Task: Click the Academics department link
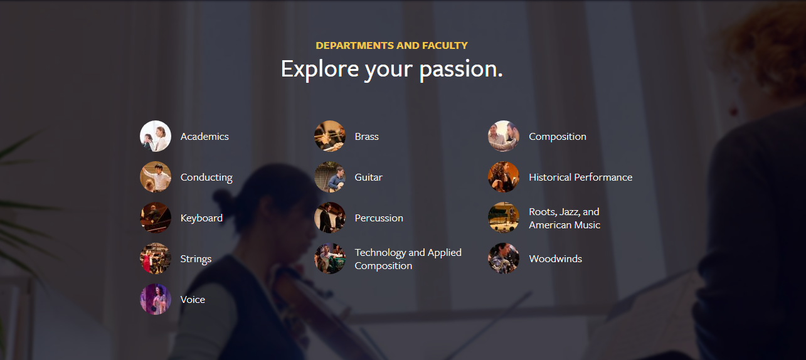click(x=204, y=137)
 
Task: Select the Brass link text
click(x=367, y=137)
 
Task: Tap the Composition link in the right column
click(x=558, y=137)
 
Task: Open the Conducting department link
click(x=206, y=177)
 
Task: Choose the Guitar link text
click(x=368, y=177)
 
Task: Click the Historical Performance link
click(x=580, y=177)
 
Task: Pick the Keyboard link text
click(x=201, y=218)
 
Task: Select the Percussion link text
click(x=379, y=218)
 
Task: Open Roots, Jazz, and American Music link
click(x=565, y=218)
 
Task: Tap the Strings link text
click(x=196, y=259)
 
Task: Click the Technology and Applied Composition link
click(x=408, y=259)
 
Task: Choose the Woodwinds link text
click(x=555, y=258)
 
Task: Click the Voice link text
click(x=193, y=300)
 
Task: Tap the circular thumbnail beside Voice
click(x=156, y=299)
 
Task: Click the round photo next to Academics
click(x=156, y=136)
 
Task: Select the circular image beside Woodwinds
click(x=504, y=258)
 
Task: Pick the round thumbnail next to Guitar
click(x=329, y=177)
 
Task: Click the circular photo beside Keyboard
click(x=156, y=218)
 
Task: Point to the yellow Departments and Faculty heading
click(x=392, y=46)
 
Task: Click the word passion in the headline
click(x=460, y=70)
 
